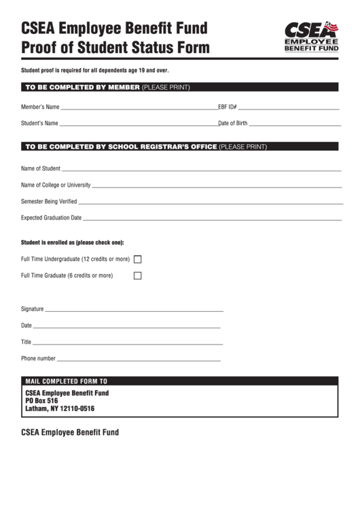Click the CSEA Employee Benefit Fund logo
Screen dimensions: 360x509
310,36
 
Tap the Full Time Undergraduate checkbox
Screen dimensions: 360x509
137,259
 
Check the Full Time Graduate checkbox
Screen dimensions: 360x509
137,275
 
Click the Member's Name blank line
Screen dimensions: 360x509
139,109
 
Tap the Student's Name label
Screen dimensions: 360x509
39,124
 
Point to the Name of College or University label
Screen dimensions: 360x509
56,185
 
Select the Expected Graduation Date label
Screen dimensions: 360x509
51,218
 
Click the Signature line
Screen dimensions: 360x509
134,310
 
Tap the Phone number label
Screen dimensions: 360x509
38,358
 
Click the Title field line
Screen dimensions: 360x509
126,343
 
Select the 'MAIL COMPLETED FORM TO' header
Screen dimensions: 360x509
66,381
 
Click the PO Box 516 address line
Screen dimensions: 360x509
41,401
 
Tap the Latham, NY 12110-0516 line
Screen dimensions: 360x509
59,409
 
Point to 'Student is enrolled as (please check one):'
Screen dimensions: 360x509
73,242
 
